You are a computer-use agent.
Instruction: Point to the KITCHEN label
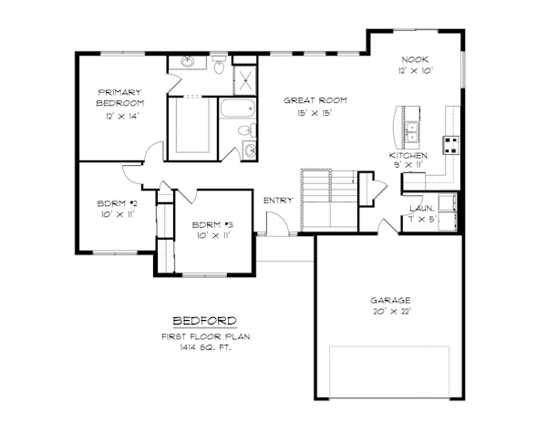click(408, 155)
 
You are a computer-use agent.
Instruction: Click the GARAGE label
click(389, 300)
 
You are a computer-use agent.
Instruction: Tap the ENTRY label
click(277, 201)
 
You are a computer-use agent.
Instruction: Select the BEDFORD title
click(205, 321)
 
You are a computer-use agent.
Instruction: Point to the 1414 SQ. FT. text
click(205, 347)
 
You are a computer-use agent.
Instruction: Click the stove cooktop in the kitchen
click(450, 144)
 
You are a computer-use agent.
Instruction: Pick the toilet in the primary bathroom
click(219, 66)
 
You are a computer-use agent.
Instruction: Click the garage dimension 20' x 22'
click(389, 312)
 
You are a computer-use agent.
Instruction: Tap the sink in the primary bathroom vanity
click(188, 62)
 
